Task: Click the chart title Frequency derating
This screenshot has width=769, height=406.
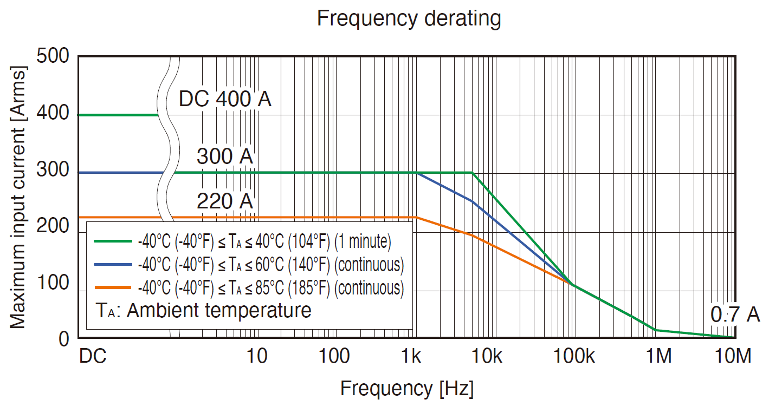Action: coord(409,18)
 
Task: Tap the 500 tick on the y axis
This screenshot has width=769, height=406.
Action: coord(54,56)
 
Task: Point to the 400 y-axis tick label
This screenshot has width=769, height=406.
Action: coord(54,114)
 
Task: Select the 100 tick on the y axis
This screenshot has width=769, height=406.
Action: coord(54,282)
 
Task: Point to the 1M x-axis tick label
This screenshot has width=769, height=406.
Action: coord(658,357)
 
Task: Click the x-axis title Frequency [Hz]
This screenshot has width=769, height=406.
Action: coord(407,388)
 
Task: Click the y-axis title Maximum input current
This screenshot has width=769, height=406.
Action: coord(18,197)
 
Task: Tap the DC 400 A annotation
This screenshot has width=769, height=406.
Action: coord(225,100)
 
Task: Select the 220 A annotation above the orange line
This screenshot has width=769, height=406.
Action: coord(225,201)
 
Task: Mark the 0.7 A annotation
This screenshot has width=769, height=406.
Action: coord(735,315)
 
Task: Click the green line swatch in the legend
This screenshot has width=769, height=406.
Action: coord(113,241)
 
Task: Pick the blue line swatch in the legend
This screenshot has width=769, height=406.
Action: coord(113,265)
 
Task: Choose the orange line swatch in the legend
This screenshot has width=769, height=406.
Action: coord(113,288)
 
